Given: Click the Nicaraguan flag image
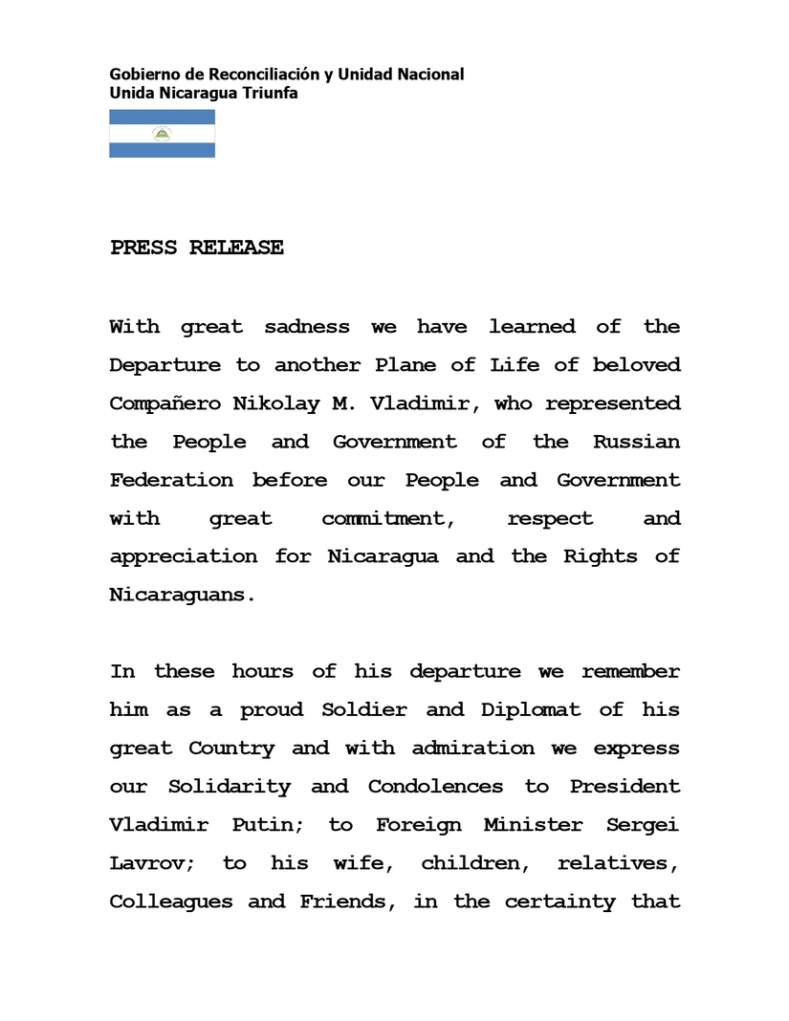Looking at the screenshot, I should [x=162, y=134].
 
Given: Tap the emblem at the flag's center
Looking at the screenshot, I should [x=162, y=134].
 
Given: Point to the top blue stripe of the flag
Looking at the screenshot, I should [x=162, y=117].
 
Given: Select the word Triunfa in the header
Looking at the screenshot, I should [x=271, y=93].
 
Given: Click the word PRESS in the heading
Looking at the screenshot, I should [x=143, y=248].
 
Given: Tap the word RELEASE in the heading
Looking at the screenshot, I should [x=236, y=248].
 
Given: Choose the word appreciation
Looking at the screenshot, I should [x=183, y=557].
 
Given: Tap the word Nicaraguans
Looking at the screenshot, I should [x=183, y=595].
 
